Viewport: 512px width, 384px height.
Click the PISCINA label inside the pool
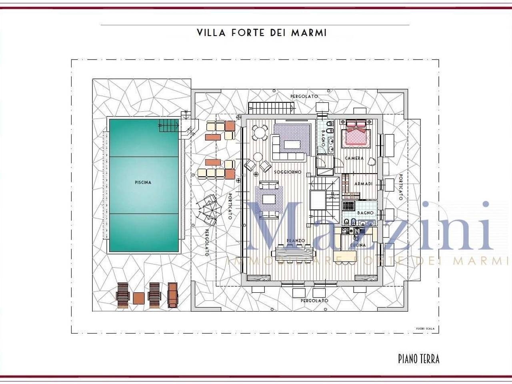click(x=143, y=182)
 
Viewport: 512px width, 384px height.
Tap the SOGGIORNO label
click(x=287, y=172)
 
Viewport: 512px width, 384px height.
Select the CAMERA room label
click(x=354, y=158)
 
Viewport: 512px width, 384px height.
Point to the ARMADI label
click(x=364, y=184)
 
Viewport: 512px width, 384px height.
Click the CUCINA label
click(x=358, y=245)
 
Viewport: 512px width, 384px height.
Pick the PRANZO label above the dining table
click(x=296, y=241)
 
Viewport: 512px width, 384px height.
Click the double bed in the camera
click(x=356, y=134)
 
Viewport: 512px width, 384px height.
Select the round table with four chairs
click(x=260, y=132)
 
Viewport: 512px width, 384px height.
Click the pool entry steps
click(x=168, y=125)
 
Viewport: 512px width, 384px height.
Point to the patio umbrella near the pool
click(x=208, y=209)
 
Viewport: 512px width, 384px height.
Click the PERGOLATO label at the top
click(x=304, y=96)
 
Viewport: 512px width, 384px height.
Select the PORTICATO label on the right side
click(x=400, y=187)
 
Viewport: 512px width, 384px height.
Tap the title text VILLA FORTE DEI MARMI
click(x=262, y=32)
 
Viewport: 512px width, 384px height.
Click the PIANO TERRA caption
click(x=418, y=359)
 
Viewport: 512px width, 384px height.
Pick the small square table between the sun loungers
click(x=138, y=298)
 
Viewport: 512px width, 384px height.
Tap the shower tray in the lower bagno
click(x=349, y=206)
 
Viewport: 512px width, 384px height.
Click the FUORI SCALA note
click(x=425, y=329)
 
